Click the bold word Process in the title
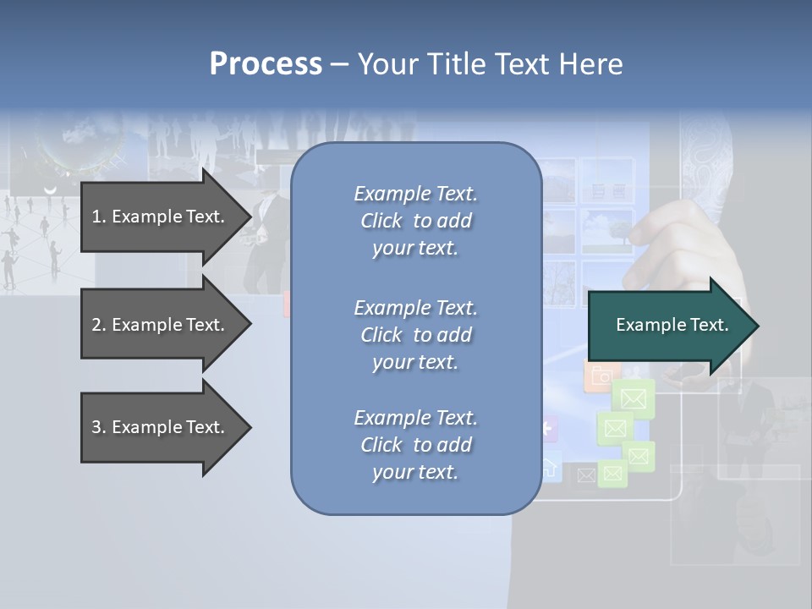click(x=266, y=64)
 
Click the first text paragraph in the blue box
click(x=415, y=221)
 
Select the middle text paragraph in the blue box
click(x=415, y=335)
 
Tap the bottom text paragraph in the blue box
click(x=415, y=445)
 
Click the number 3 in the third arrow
click(x=96, y=427)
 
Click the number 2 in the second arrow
click(x=96, y=325)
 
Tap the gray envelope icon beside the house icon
click(x=585, y=475)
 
